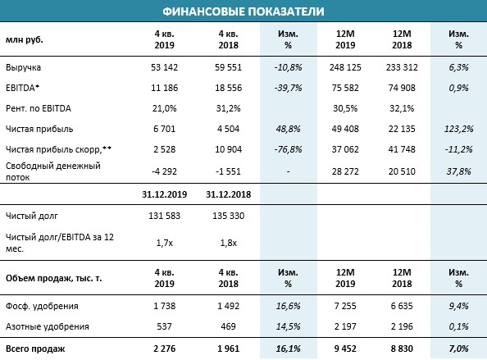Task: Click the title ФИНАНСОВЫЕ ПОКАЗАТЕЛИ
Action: [243, 11]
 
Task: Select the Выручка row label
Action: [23, 68]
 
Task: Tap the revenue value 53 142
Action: [164, 67]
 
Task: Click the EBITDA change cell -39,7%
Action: [288, 88]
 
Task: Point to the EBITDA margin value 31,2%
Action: [228, 108]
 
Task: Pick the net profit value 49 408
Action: [345, 129]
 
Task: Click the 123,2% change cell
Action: [458, 129]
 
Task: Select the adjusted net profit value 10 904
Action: [228, 149]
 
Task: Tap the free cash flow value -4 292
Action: [164, 171]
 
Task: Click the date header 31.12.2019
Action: [164, 194]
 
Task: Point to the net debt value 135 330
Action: [228, 216]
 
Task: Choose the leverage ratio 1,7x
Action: [164, 243]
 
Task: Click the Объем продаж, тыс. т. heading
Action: [54, 278]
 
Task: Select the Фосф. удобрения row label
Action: [42, 306]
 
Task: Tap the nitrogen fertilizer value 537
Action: [164, 326]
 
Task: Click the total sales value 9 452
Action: [345, 349]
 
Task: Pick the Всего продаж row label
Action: [35, 349]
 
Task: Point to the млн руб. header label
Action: [25, 39]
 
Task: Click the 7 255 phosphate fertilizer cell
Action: [345, 306]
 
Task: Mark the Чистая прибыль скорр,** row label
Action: [58, 150]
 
